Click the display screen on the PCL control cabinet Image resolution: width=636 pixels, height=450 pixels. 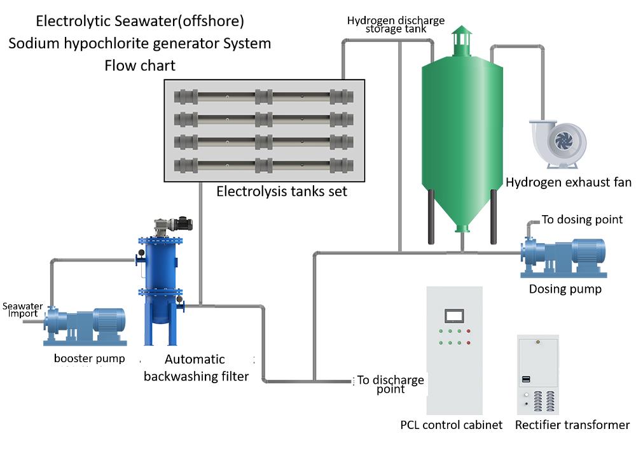[x=454, y=315]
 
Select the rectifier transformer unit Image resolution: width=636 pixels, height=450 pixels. [x=538, y=376]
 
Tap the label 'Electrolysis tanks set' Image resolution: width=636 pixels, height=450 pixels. [x=282, y=191]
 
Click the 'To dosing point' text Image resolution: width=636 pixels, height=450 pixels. [x=582, y=220]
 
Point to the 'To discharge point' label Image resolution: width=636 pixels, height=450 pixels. [x=390, y=384]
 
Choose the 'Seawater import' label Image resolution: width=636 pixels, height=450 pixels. [x=22, y=310]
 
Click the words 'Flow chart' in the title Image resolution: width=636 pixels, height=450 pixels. [x=140, y=66]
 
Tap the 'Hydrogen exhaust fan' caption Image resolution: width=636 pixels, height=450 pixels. [x=568, y=183]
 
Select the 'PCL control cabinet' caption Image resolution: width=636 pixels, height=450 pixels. [x=451, y=425]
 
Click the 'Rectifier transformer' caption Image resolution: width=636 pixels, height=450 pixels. [x=572, y=425]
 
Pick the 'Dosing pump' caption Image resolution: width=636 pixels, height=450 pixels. [x=565, y=290]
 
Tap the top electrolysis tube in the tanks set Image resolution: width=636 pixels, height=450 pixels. [x=264, y=97]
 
